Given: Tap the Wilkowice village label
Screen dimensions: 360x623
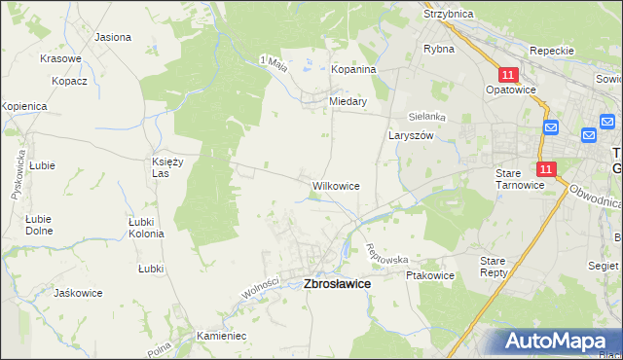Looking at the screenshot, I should (x=336, y=185).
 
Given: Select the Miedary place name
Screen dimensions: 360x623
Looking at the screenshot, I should (x=348, y=101).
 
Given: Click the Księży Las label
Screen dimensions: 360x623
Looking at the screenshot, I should (x=167, y=166).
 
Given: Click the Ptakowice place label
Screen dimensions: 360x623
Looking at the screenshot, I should (x=431, y=275).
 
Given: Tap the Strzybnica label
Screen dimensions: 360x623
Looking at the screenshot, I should (x=448, y=15).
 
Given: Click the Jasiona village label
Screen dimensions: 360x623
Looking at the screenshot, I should (x=113, y=37).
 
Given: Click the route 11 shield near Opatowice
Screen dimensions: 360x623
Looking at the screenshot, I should (x=508, y=74).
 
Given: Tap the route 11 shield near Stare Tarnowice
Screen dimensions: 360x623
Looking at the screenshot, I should (x=545, y=169).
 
